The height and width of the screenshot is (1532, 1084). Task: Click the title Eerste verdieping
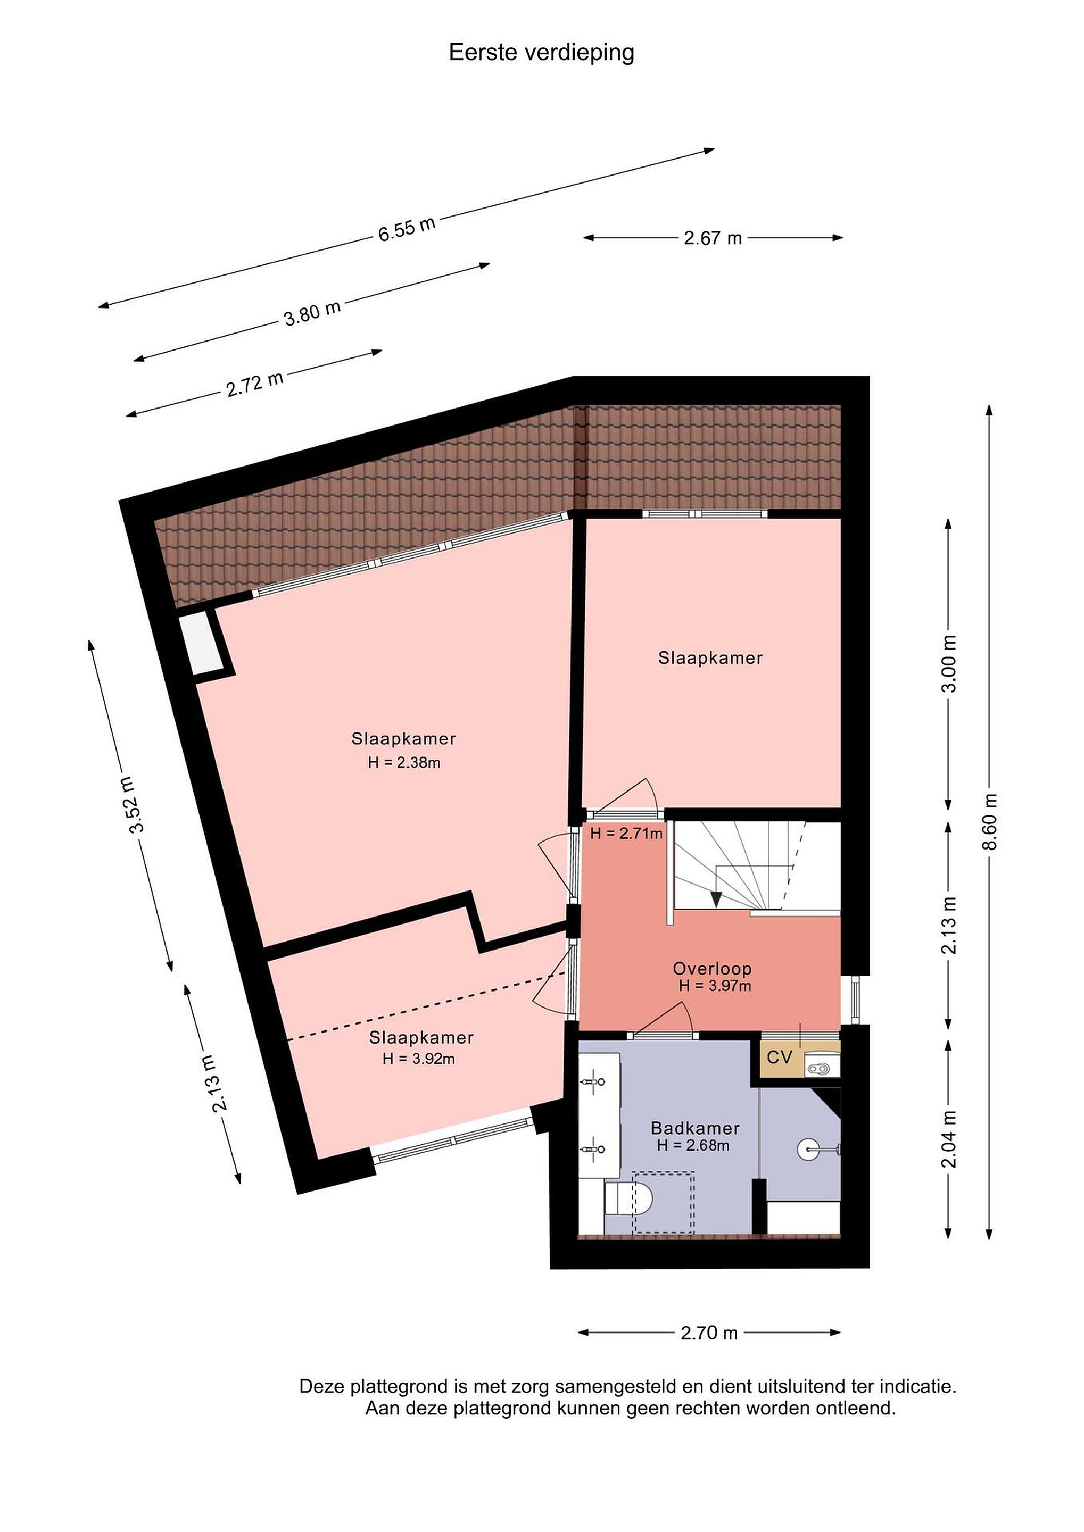coord(541,53)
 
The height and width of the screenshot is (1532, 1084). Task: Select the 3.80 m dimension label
coord(312,312)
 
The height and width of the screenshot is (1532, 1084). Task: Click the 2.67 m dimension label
coord(713,238)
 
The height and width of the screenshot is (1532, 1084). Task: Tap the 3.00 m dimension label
coord(948,663)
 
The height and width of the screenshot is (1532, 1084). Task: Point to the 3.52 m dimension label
coord(131,805)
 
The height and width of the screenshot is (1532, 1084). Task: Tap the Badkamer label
coord(695,1128)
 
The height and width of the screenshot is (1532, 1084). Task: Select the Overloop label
coord(712,968)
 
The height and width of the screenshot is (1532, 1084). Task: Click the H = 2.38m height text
coord(404,762)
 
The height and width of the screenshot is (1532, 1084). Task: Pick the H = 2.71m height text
coord(626,834)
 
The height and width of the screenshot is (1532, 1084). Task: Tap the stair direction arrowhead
coord(715,900)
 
